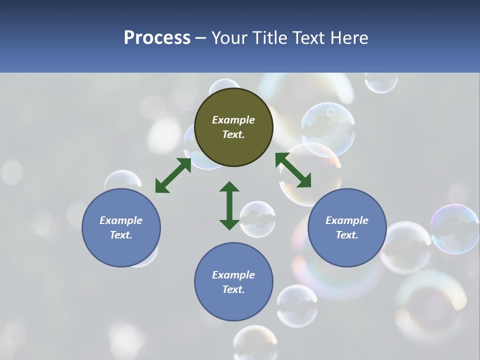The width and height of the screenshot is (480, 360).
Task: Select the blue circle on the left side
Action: pos(121,227)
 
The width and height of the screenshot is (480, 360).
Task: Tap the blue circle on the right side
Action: pos(347,227)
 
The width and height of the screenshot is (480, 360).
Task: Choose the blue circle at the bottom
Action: pos(233,282)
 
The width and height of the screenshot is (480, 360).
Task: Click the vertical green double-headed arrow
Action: pos(229,205)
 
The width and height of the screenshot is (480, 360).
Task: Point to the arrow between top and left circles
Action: pos(173,175)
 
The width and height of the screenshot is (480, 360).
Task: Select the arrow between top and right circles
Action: pos(293,170)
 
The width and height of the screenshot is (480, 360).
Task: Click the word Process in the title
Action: pos(157,38)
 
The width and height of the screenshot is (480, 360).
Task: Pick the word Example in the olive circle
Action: pos(233,120)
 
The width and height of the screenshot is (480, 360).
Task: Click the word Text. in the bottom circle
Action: pos(233,289)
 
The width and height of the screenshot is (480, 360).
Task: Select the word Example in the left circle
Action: pos(121,220)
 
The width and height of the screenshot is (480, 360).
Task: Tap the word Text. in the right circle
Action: pos(347,235)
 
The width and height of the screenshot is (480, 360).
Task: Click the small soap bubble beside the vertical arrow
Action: pos(257,219)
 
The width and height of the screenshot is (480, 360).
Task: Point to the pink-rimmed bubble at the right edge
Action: pos(455,228)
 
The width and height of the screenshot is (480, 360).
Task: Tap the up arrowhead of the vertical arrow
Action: pos(229,187)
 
